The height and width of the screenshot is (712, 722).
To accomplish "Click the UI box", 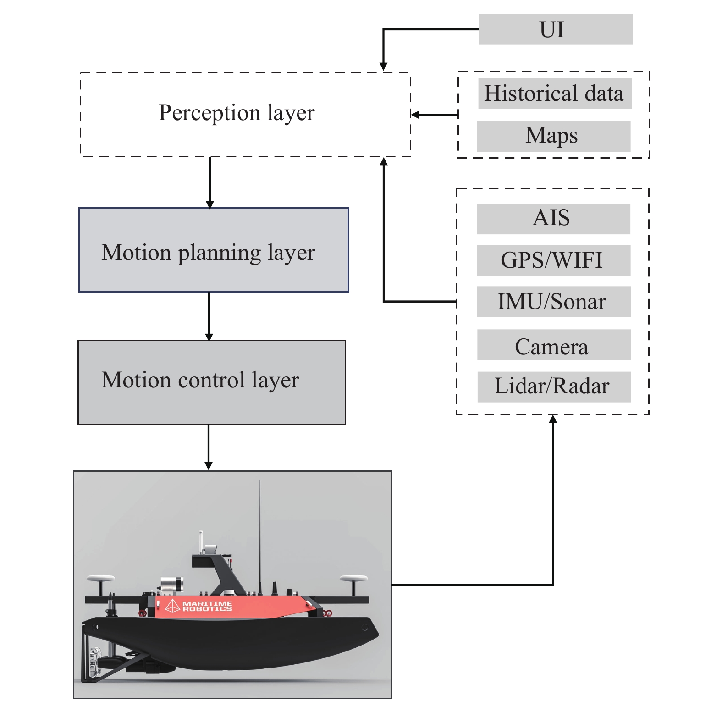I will [555, 29].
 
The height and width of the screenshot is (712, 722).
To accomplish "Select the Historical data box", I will [554, 94].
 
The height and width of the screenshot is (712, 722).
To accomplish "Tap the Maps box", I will [553, 136].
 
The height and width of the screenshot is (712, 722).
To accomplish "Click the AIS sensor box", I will [553, 218].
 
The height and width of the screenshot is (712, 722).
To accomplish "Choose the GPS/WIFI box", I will [553, 260].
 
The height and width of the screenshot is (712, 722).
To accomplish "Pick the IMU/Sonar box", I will [553, 302].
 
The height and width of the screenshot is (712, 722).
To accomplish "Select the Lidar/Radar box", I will [554, 386].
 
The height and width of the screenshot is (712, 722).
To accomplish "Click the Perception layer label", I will [237, 113].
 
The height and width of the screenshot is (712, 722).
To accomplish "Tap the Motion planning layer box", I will [214, 250].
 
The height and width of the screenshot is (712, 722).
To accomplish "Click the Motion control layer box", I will [211, 382].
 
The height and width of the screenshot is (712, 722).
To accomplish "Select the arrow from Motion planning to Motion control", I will [209, 316].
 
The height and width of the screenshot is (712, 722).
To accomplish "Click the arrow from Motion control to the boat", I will [209, 447].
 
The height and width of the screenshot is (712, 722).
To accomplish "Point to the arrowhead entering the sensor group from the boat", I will [553, 419].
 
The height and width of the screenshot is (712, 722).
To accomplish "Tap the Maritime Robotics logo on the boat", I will [199, 606].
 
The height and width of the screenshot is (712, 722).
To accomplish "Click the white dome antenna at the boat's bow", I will [353, 579].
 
